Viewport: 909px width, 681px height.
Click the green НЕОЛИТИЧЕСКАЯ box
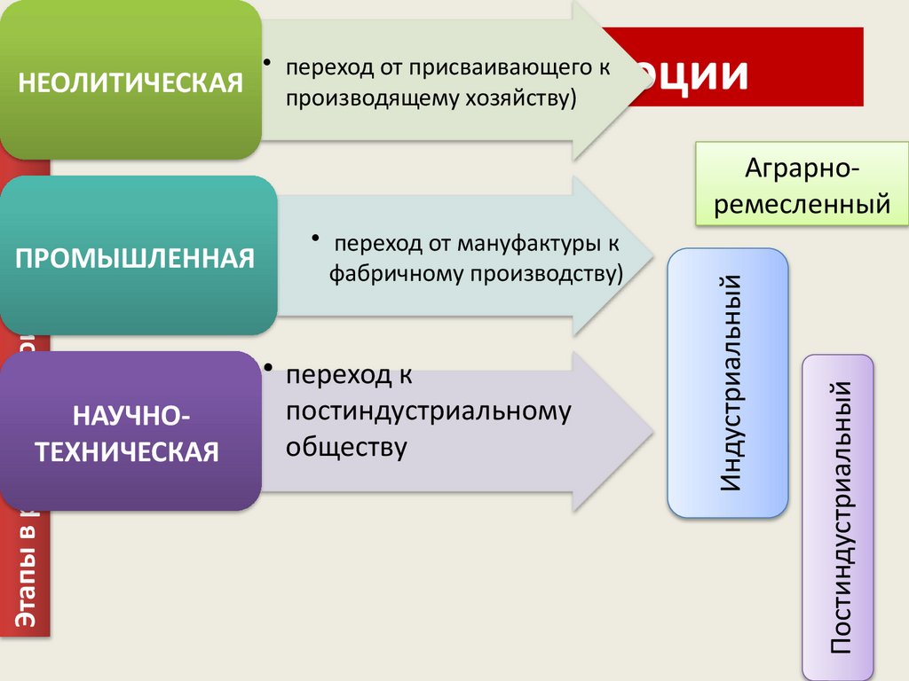(130, 82)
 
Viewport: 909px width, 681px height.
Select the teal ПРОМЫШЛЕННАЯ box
(138, 257)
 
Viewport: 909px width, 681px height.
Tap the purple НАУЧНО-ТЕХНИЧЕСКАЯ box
(131, 432)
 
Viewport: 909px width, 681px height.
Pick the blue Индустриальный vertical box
(727, 383)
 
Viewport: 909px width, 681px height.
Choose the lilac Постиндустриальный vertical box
(838, 517)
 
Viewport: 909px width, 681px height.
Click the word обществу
(346, 446)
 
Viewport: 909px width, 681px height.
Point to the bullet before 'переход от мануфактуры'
(315, 239)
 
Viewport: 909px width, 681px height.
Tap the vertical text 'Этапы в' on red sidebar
(26, 577)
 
